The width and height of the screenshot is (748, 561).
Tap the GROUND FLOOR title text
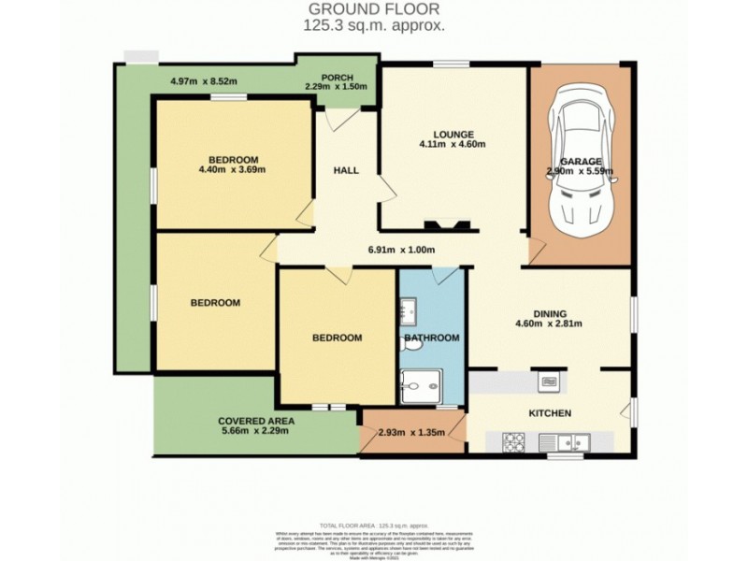pos(374,9)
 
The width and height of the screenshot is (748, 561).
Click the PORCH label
pos(337,77)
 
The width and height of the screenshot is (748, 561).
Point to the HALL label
pos(347,171)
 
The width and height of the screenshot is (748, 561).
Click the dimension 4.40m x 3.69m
pos(232,169)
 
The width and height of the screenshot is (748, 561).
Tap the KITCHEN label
pos(550,413)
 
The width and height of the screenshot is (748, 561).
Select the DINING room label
pos(551,314)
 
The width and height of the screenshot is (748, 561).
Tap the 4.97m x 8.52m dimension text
pos(204,81)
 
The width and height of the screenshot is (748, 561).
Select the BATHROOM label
pos(431,338)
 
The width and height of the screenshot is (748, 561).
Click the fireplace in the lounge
pos(438,224)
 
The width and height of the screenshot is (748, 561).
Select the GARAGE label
pos(581,161)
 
